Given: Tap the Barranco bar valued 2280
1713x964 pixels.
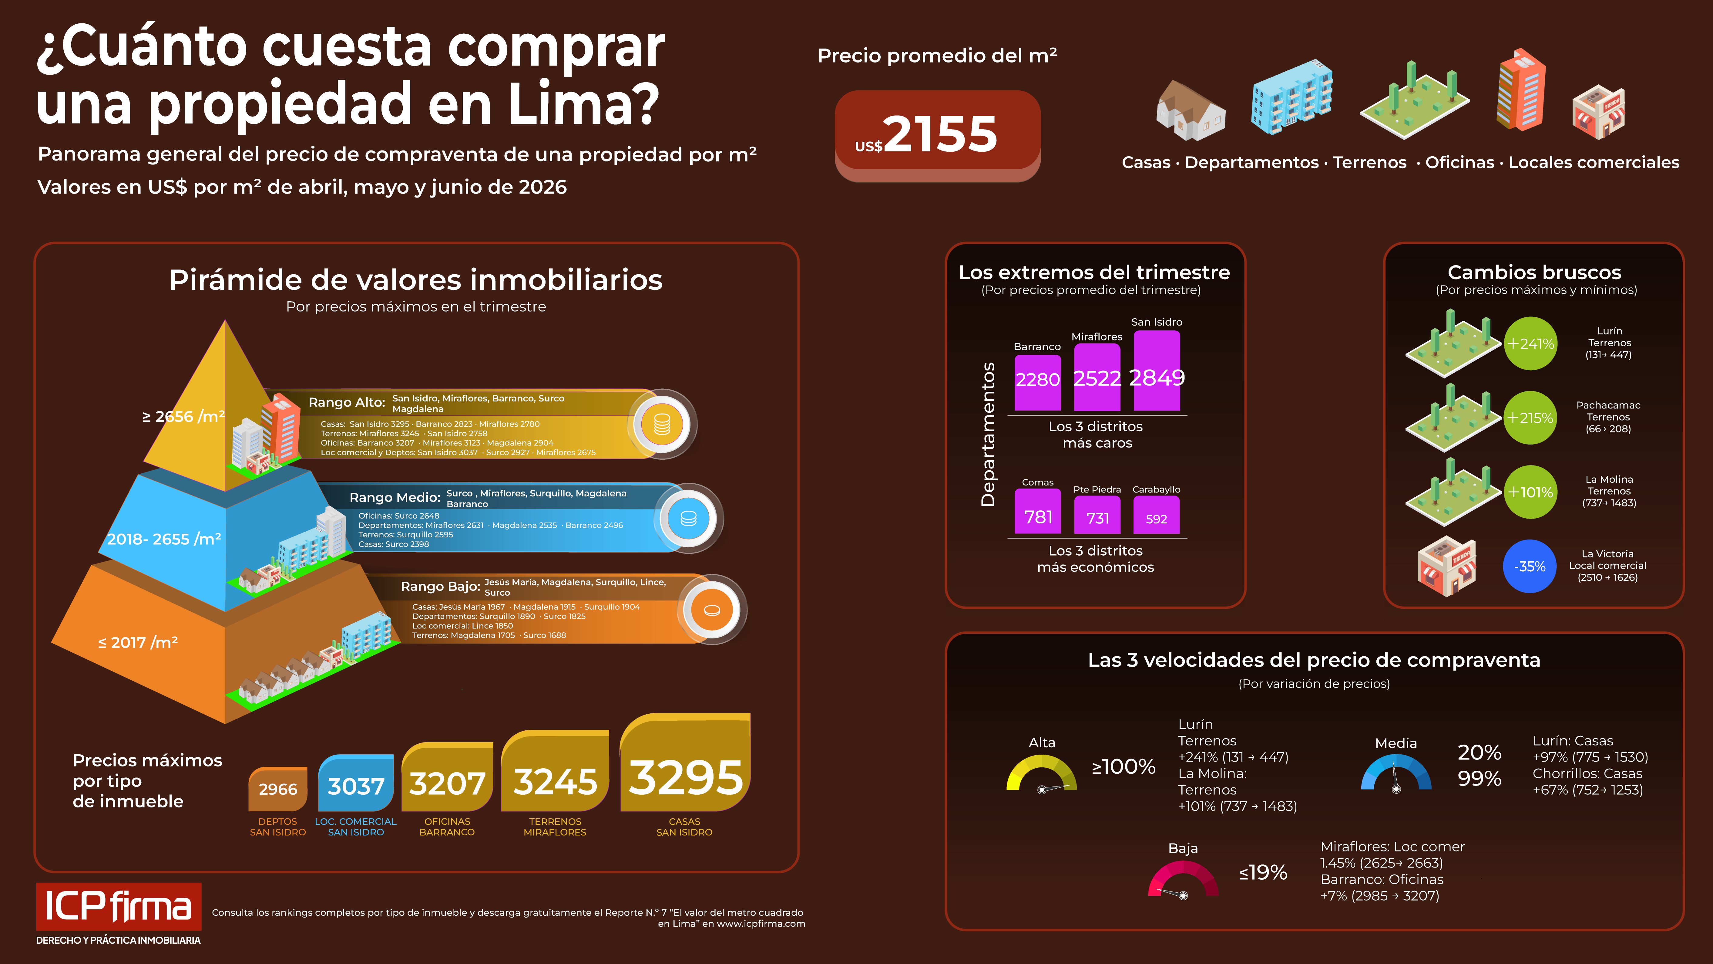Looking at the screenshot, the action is (1037, 383).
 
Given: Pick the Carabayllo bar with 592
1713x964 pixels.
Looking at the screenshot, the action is (1157, 518).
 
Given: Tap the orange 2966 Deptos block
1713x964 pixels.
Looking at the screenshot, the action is (278, 789).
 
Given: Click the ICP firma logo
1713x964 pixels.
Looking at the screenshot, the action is (118, 906).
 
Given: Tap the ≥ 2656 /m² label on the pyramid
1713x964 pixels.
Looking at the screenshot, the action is (183, 417).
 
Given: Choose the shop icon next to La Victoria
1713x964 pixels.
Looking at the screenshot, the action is (1447, 566).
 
